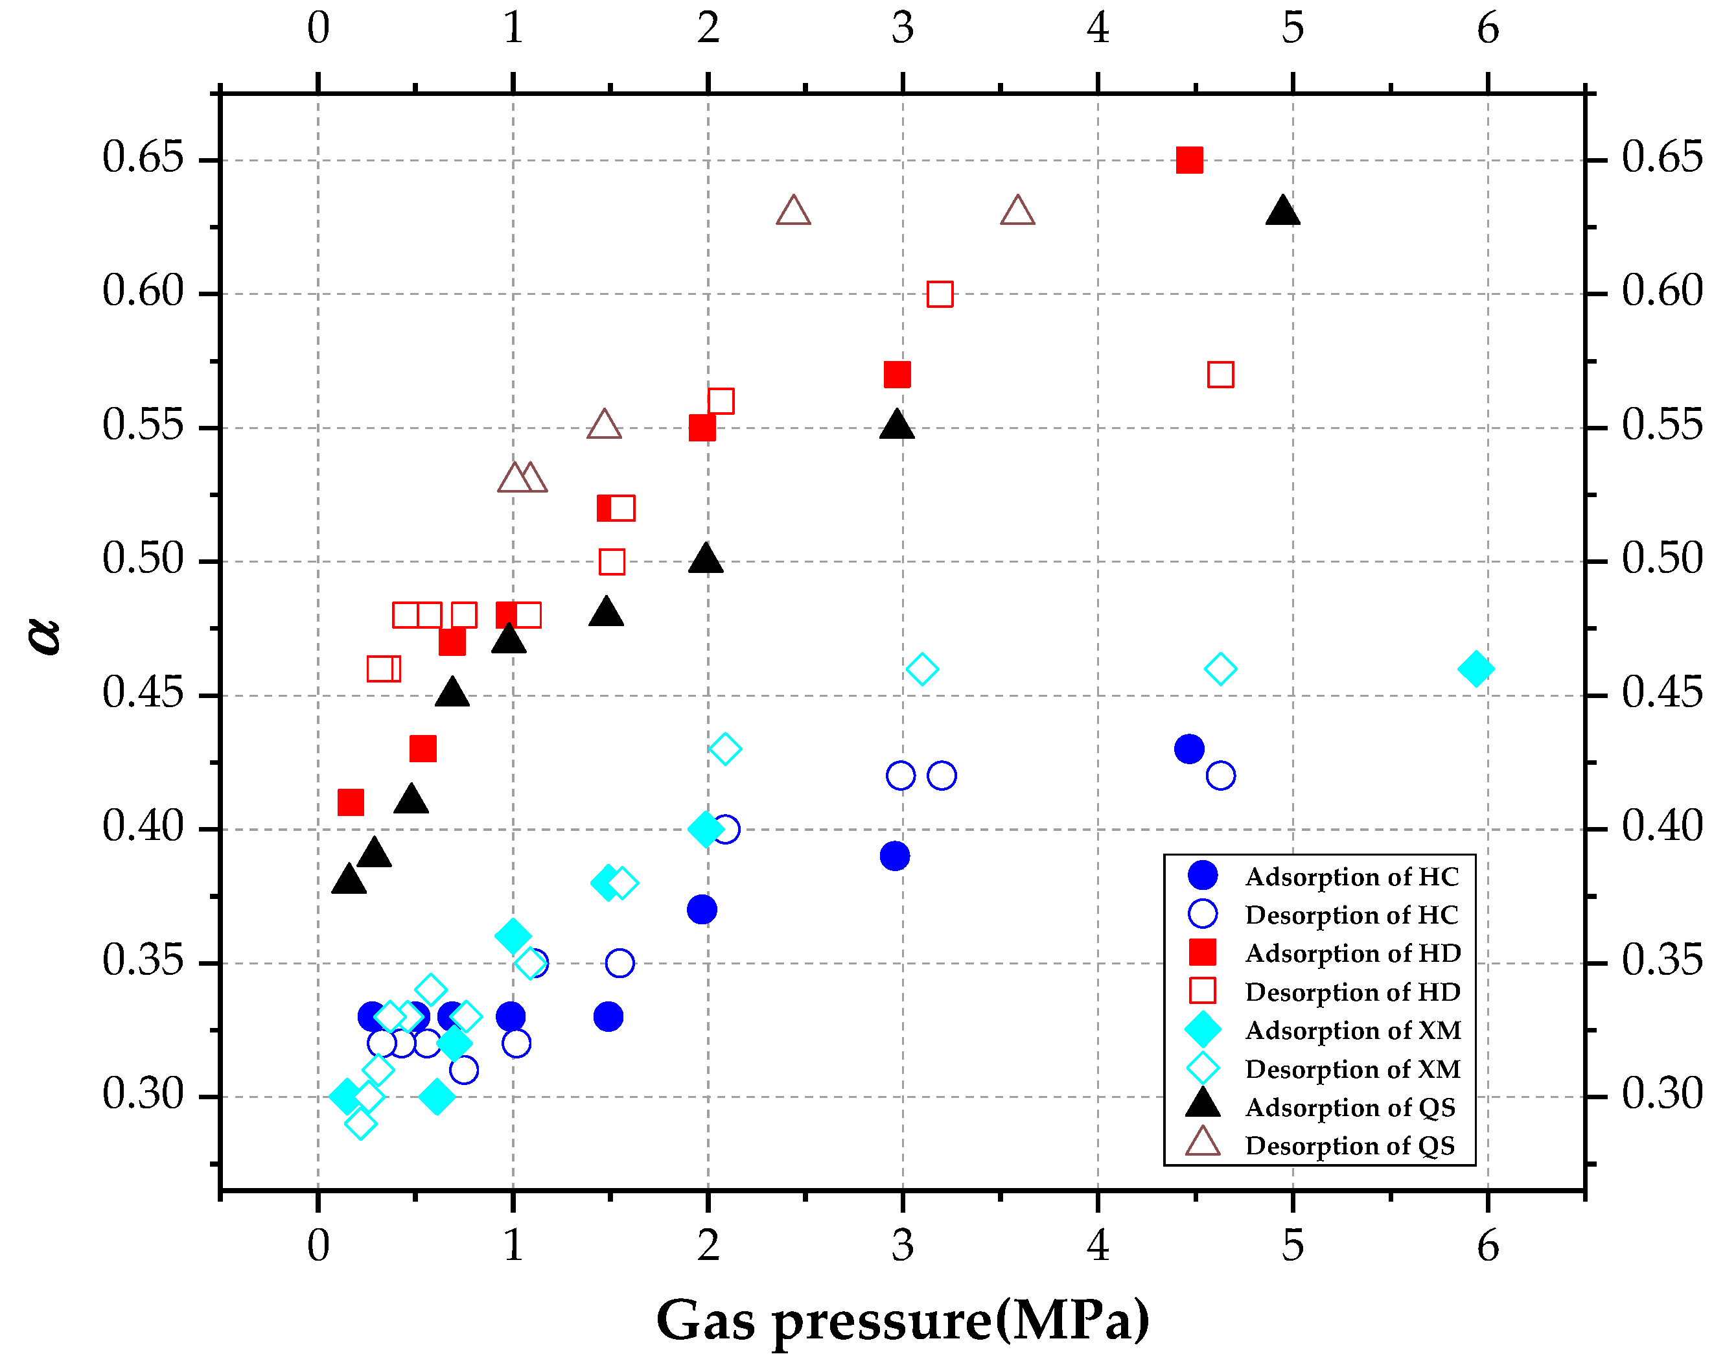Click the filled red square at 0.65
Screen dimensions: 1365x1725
(1189, 160)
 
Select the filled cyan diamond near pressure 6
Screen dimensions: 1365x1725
(1475, 668)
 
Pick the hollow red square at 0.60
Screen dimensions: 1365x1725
(940, 294)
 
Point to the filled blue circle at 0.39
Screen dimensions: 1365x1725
(894, 856)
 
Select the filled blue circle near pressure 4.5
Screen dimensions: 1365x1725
(1189, 749)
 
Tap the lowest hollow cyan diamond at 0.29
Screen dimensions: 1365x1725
(361, 1124)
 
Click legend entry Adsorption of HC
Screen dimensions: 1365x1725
(1351, 877)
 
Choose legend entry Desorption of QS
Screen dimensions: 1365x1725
(1350, 1146)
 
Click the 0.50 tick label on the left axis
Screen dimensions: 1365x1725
(144, 559)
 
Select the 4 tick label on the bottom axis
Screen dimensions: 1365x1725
(1098, 1246)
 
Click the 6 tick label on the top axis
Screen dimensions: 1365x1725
(1487, 29)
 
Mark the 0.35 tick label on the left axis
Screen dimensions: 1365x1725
(144, 960)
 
